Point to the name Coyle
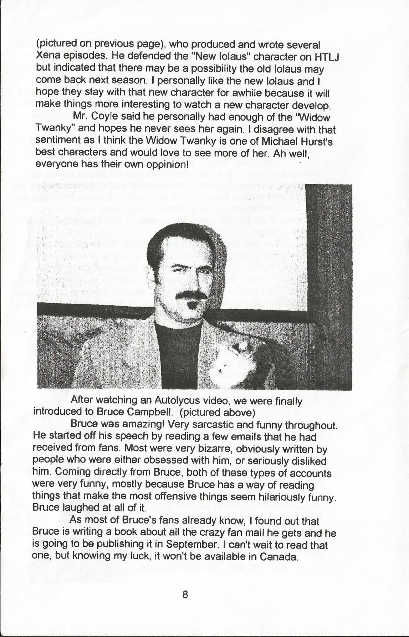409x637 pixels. [x=109, y=117]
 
